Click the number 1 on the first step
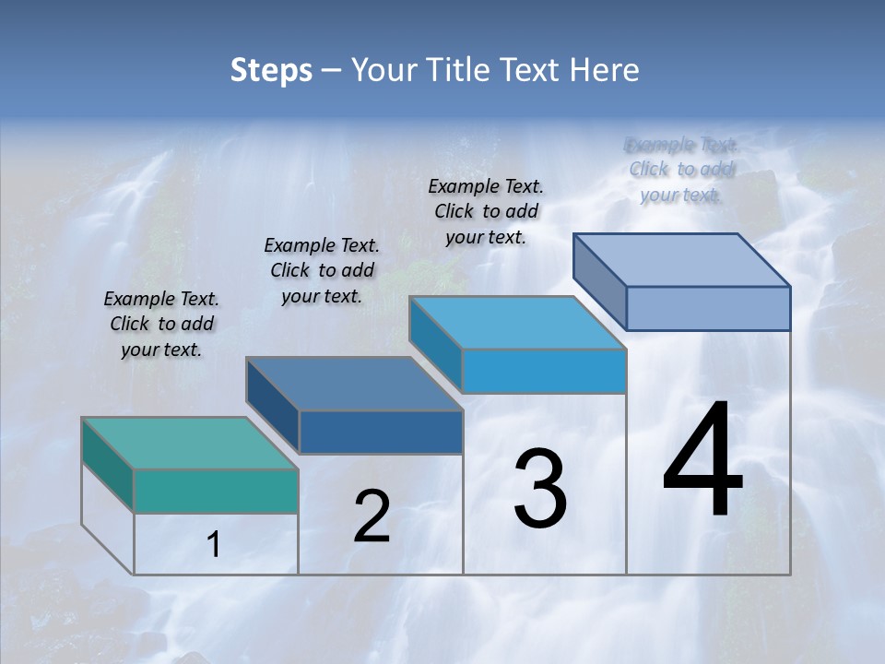pyautogui.click(x=214, y=545)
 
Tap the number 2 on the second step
pyautogui.click(x=372, y=516)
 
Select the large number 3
pyautogui.click(x=540, y=489)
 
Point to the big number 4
pyautogui.click(x=702, y=461)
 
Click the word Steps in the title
pyautogui.click(x=271, y=70)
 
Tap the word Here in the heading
pyautogui.click(x=606, y=70)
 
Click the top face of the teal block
pyautogui.click(x=190, y=443)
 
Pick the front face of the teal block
pyautogui.click(x=216, y=491)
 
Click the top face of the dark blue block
pyautogui.click(x=355, y=383)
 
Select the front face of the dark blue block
pyautogui.click(x=381, y=432)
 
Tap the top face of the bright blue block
pyautogui.click(x=518, y=323)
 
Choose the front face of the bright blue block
pyautogui.click(x=544, y=371)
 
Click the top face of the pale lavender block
pyautogui.click(x=682, y=259)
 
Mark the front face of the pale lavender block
pyautogui.click(x=708, y=308)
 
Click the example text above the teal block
pyautogui.click(x=161, y=324)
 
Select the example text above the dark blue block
pyautogui.click(x=322, y=270)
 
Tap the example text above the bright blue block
pyautogui.click(x=486, y=211)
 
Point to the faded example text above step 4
pyautogui.click(x=680, y=169)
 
